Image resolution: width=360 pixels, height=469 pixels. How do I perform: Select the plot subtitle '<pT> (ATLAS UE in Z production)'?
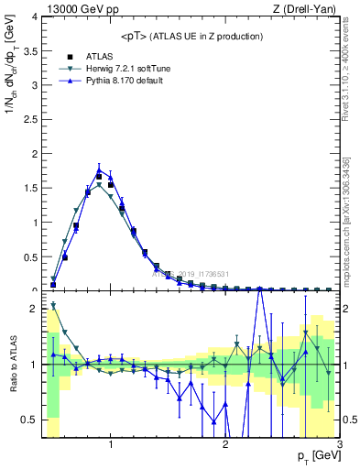pos(191,36)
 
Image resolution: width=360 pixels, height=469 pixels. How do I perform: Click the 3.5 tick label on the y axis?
pos(30,51)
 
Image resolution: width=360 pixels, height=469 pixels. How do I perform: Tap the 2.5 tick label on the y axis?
pos(30,120)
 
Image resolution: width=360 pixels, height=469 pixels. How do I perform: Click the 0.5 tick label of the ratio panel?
pos(30,420)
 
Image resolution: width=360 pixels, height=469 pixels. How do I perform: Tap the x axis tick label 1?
pos(111,444)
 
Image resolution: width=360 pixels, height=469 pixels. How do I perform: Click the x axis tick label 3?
pos(339,444)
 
